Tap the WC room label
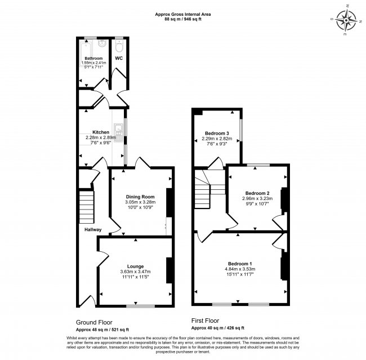tap(119, 58)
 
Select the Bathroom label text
tap(93, 58)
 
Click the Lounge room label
tap(135, 266)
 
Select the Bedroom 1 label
tap(240, 264)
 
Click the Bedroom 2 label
tap(257, 193)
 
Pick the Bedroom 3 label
tap(217, 132)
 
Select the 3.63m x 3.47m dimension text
tap(135, 272)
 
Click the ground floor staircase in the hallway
tap(85, 206)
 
